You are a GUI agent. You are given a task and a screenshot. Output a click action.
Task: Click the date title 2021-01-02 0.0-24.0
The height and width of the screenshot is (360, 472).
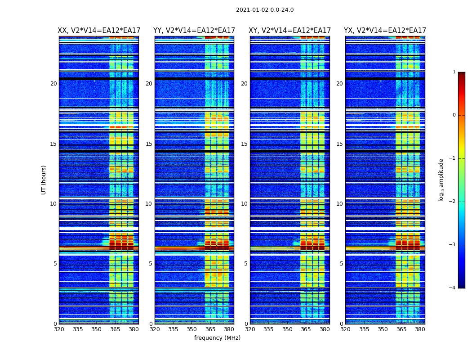[x=265, y=10]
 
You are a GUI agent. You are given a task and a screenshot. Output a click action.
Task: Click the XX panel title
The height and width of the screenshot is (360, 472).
[x=99, y=31]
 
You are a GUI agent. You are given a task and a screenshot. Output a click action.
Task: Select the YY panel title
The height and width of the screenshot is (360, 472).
[x=194, y=31]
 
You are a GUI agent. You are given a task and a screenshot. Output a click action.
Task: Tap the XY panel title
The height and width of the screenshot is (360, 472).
[x=290, y=31]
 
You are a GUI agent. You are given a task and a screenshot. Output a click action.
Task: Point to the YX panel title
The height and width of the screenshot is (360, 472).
[x=385, y=31]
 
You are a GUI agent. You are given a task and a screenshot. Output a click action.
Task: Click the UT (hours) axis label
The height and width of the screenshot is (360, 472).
[x=44, y=180]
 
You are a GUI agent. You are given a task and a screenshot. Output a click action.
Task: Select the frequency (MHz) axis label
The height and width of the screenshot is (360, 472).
[x=217, y=338]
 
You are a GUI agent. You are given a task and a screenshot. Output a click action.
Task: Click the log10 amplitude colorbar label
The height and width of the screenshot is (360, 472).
[x=441, y=180]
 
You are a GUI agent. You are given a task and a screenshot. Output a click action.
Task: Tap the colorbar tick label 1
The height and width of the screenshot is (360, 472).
[x=454, y=72]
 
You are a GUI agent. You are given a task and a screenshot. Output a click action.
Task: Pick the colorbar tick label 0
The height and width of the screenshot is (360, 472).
[x=454, y=115]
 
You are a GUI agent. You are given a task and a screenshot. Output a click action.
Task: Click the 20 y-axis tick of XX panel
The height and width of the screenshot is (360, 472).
[x=53, y=84]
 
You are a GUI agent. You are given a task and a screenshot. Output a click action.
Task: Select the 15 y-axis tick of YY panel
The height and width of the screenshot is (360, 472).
[x=149, y=144]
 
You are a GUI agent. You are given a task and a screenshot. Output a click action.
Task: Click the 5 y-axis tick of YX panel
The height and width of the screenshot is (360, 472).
[x=341, y=264]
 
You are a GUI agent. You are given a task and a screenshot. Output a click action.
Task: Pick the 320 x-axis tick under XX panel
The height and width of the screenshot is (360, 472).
[x=59, y=329]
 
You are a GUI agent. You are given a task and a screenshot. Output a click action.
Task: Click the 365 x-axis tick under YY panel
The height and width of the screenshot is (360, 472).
[x=210, y=329]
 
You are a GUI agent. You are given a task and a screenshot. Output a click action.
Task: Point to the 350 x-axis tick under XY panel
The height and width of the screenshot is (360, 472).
[x=287, y=329]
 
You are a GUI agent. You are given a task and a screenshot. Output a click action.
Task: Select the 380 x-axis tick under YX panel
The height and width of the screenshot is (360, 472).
[x=420, y=329]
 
